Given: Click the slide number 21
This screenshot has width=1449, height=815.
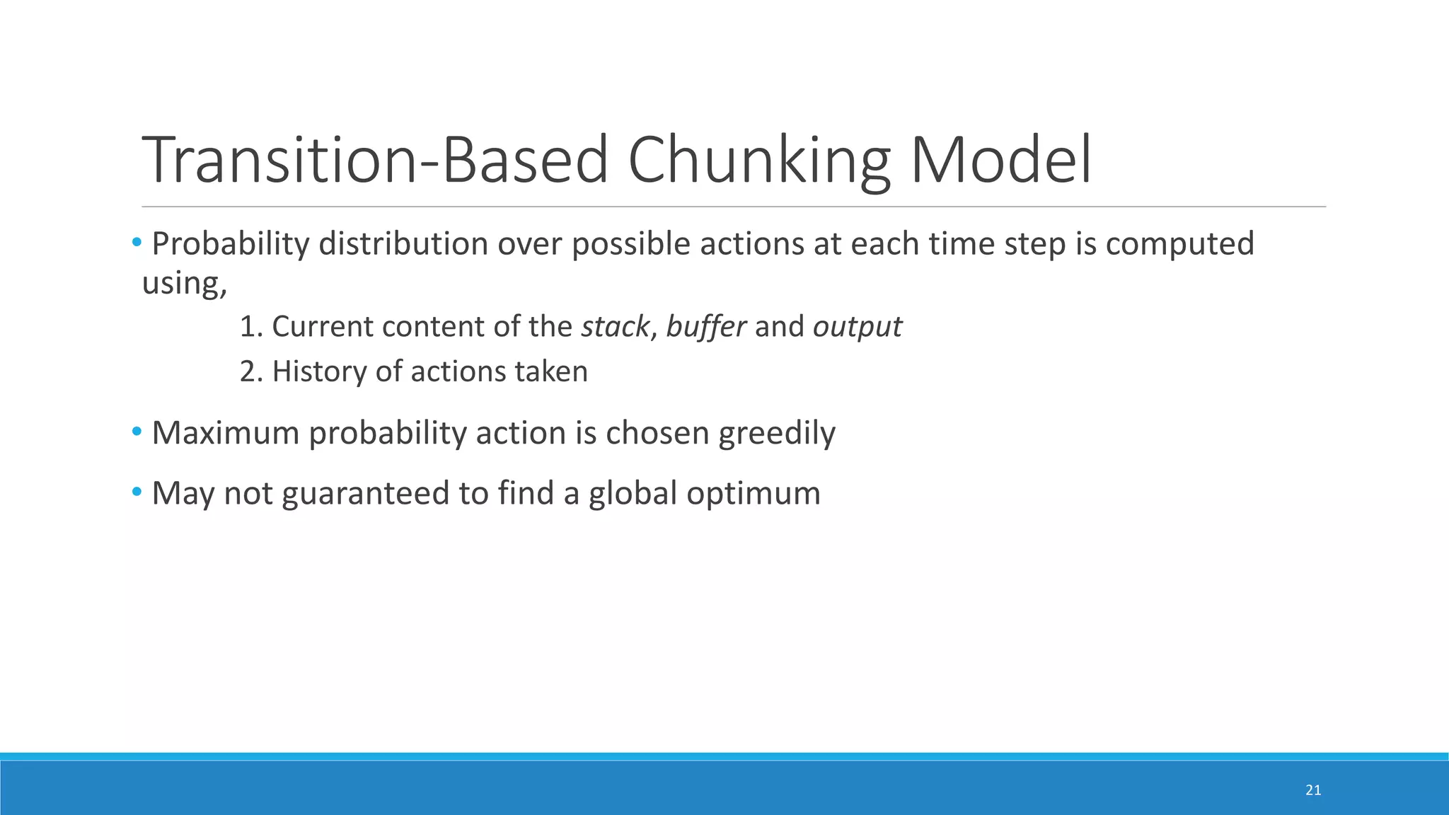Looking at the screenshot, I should point(1313,790).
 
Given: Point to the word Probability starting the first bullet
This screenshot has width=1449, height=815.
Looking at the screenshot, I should point(231,244).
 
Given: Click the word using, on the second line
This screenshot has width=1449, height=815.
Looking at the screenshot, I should point(185,284).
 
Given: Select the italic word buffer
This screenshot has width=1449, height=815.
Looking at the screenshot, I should point(705,327).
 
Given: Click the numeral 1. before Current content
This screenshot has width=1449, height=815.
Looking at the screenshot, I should point(251,327).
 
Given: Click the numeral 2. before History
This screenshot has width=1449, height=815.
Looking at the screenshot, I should point(251,371).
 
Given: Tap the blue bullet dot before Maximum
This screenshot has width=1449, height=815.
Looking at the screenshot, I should point(137,430).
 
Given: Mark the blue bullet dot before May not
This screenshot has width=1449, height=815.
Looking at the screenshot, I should point(137,490).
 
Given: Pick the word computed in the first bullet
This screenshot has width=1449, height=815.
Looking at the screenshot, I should point(1179,244).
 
